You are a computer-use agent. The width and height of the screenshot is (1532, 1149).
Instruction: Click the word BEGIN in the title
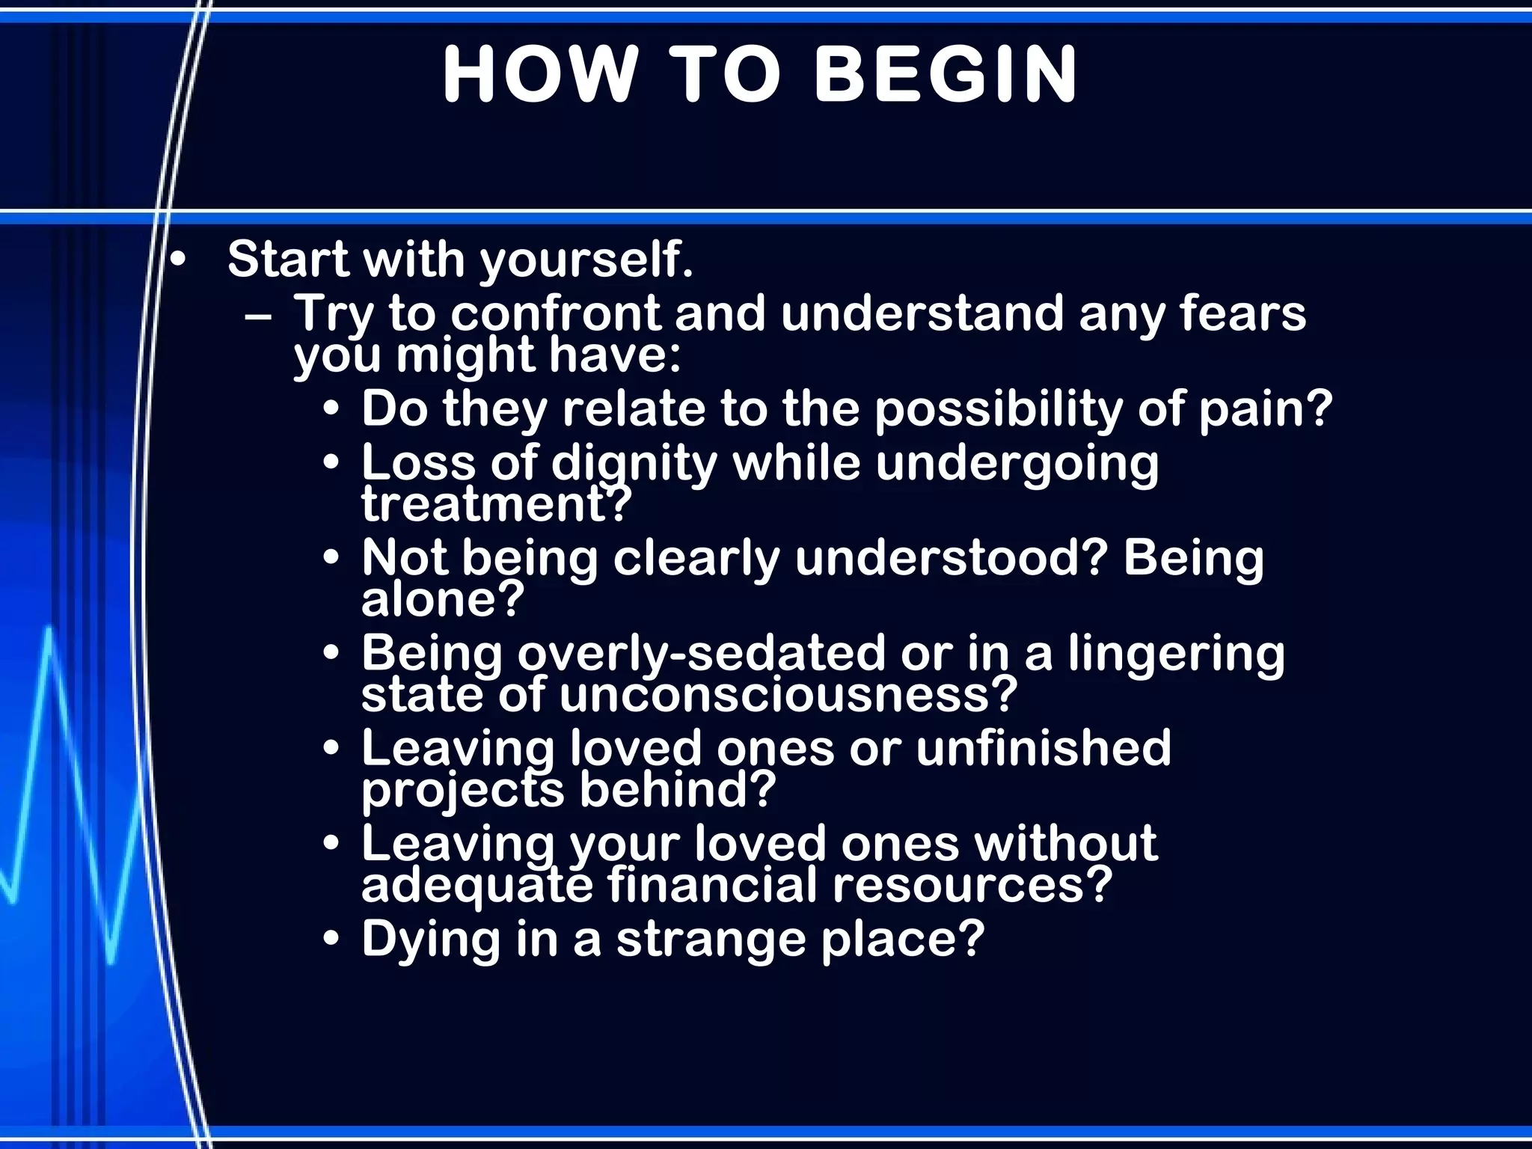pos(945,74)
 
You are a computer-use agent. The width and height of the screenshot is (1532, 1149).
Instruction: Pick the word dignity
pos(634,464)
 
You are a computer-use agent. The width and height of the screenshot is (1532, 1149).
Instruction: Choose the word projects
pos(462,790)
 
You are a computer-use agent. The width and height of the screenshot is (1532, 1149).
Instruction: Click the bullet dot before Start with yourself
pos(177,261)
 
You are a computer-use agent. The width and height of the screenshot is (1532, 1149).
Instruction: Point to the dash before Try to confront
pos(258,315)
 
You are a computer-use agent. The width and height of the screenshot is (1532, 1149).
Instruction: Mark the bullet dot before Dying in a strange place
pos(331,940)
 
